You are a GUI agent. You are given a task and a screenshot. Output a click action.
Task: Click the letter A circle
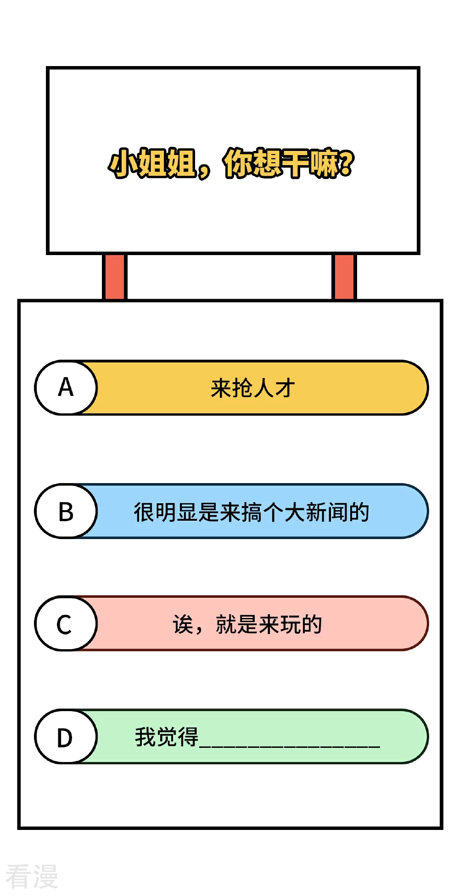tap(66, 388)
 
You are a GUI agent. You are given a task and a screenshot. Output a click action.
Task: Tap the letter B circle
tap(66, 511)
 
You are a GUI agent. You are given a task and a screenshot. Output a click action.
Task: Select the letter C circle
tap(66, 623)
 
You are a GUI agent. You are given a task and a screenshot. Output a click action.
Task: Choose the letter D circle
tap(66, 737)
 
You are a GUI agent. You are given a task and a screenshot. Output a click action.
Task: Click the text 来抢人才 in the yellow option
tap(252, 388)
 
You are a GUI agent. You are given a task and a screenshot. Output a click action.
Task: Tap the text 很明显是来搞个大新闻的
tap(252, 512)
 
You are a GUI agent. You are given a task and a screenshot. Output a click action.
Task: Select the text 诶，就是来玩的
tap(247, 624)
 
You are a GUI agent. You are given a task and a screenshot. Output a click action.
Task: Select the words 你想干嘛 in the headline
tap(281, 163)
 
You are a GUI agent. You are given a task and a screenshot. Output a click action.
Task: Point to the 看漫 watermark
tap(32, 876)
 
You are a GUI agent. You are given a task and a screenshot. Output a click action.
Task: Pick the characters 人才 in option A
tap(274, 388)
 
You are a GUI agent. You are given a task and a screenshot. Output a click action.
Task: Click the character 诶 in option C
tap(183, 624)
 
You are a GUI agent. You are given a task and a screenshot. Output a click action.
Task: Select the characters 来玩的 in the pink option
tap(291, 624)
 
